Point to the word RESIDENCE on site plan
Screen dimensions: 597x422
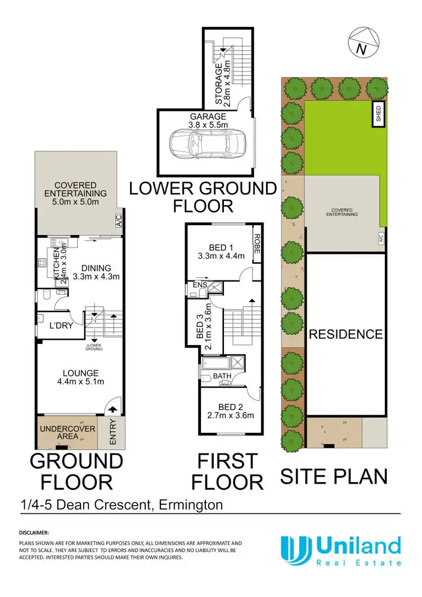[x=345, y=334]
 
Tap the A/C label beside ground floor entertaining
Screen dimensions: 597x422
[x=119, y=221]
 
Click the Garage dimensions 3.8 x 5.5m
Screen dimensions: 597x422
[x=208, y=125]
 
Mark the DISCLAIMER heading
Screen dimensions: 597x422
[x=34, y=532]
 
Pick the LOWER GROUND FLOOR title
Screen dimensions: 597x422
[x=203, y=196]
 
